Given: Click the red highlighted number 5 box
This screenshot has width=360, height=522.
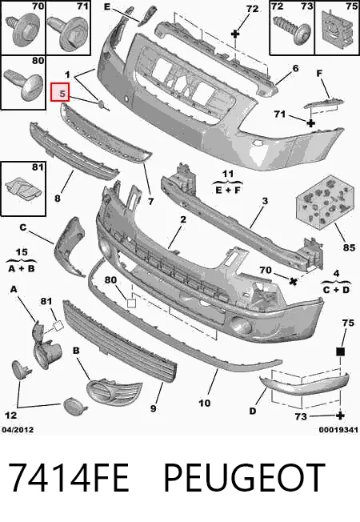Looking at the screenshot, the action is click(x=59, y=92).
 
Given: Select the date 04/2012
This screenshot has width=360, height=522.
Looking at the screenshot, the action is click(x=18, y=430).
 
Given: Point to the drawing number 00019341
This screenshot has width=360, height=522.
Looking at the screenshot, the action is click(x=338, y=430).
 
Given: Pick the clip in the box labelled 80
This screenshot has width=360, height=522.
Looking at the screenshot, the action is click(x=25, y=83).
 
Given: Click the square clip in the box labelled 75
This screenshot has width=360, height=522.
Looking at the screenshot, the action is click(x=337, y=28).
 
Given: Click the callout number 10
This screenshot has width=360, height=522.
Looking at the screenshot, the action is click(x=205, y=404).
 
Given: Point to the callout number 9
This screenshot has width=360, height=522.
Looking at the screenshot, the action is click(x=153, y=408).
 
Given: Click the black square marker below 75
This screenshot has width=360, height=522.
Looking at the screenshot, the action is click(x=340, y=351).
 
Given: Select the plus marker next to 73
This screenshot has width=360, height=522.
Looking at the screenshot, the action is click(x=340, y=416).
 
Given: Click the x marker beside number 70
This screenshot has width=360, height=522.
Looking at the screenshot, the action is click(x=293, y=282).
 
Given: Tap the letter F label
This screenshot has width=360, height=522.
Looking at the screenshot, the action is click(x=319, y=73).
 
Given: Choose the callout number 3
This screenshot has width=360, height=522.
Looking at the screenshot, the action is click(x=265, y=201).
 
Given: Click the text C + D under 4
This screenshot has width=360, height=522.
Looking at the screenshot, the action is click(x=336, y=290).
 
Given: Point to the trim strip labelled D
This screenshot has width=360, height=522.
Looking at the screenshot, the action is click(x=305, y=383).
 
